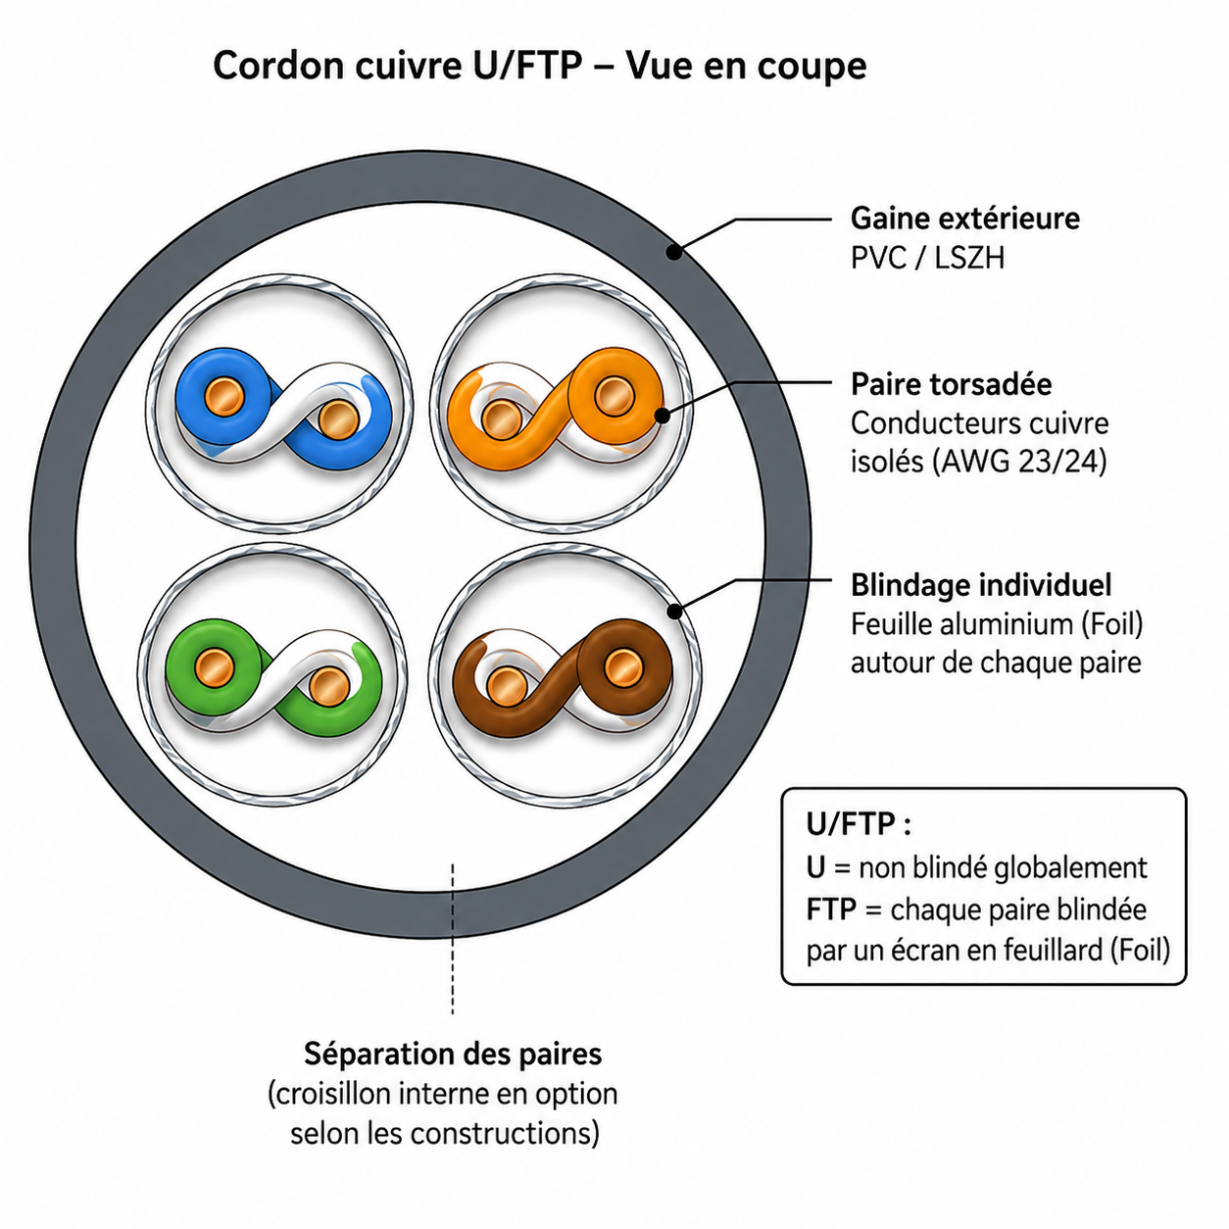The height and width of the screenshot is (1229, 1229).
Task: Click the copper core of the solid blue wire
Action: pyautogui.click(x=223, y=395)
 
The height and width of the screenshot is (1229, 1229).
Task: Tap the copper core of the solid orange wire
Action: pyautogui.click(x=614, y=395)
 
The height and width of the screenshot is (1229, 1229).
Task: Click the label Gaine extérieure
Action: pyautogui.click(x=965, y=219)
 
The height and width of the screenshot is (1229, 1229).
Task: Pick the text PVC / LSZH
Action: pyautogui.click(x=927, y=259)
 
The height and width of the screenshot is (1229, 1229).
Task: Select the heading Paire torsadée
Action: pyautogui.click(x=951, y=384)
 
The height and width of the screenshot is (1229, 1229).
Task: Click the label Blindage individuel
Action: pyautogui.click(x=981, y=585)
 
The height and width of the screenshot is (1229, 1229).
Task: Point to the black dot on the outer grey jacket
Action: pyautogui.click(x=673, y=252)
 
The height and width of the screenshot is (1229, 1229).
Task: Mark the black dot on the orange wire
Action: pyautogui.click(x=663, y=417)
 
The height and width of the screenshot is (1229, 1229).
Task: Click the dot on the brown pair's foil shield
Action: pyautogui.click(x=674, y=613)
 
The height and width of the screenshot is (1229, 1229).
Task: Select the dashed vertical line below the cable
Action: pyautogui.click(x=452, y=938)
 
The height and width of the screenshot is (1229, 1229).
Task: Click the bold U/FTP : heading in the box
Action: pyautogui.click(x=859, y=824)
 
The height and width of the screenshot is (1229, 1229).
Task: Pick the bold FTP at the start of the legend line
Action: pyautogui.click(x=831, y=909)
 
